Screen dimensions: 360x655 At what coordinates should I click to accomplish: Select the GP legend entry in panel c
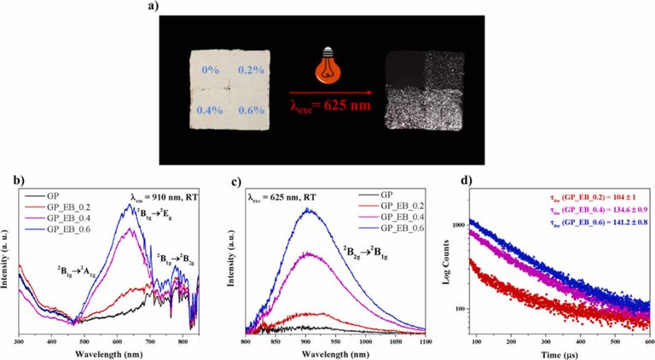[x=380, y=195]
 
